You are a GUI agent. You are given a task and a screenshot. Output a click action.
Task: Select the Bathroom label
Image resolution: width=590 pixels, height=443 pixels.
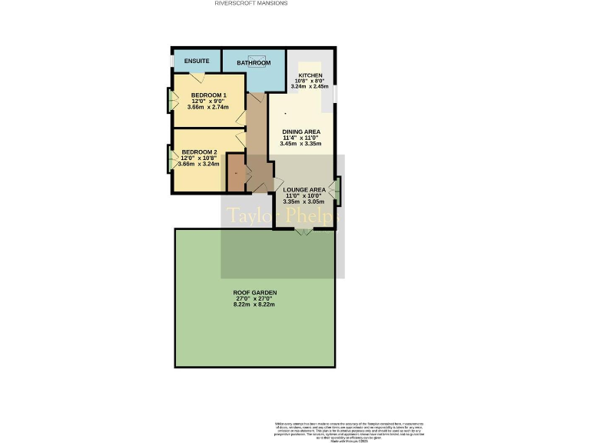254,63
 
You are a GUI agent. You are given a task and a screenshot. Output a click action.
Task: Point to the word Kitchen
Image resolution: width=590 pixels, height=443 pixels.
310,75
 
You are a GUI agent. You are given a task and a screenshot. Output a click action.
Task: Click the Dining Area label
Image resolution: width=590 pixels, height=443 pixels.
301,132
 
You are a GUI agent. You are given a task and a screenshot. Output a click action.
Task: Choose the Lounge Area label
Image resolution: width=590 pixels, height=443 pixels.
304,189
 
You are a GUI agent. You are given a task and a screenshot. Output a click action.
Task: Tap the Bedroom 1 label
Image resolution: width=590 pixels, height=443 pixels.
208,95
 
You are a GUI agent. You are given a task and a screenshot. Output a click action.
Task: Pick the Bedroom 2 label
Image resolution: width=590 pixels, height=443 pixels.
199,152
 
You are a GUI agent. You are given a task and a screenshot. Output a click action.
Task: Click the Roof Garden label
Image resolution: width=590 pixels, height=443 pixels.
254,293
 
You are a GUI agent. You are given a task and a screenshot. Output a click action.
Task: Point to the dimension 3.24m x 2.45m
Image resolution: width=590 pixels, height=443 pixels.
310,87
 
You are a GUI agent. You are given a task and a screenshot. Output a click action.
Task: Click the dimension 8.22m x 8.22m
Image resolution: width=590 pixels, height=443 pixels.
254,305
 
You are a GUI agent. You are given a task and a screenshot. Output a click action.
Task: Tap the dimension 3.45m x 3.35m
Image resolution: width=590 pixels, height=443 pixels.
301,144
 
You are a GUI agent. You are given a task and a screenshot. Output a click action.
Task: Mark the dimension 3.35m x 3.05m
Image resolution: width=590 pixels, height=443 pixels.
304,202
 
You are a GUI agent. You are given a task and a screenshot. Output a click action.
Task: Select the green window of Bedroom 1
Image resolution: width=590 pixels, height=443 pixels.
170,100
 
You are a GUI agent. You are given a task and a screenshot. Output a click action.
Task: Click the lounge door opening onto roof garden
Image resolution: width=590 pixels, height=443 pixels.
304,231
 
